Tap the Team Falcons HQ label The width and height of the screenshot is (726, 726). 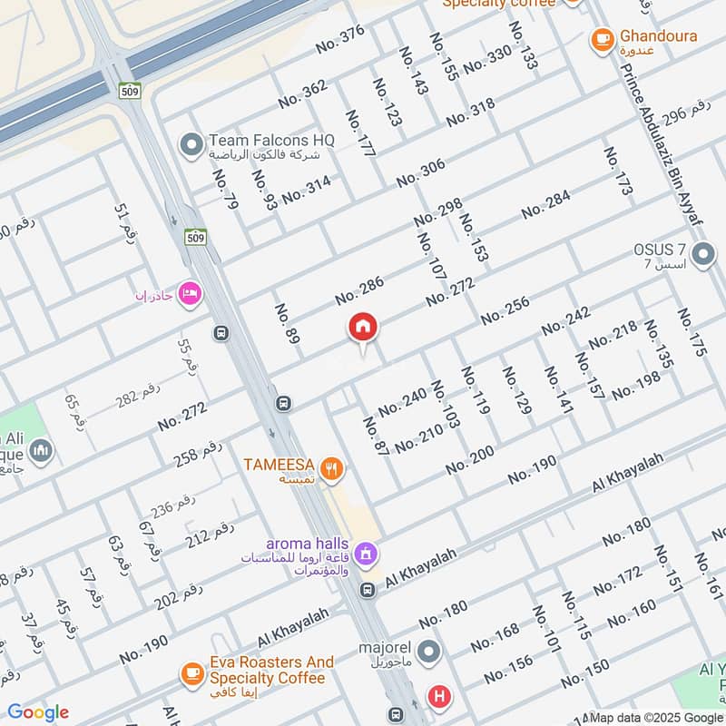tap(271, 141)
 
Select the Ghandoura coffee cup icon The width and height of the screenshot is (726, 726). tap(601, 39)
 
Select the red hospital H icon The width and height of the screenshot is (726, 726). tap(439, 697)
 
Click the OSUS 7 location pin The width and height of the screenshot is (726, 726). tap(702, 255)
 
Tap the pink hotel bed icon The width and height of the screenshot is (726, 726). tap(190, 293)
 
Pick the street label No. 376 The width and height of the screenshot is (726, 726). tap(339, 40)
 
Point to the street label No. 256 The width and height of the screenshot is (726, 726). tap(505, 311)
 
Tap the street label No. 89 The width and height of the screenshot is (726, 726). tap(286, 324)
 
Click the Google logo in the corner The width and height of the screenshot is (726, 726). tap(37, 712)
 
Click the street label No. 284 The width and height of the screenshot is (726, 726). tap(545, 204)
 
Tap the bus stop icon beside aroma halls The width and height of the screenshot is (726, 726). tap(367, 591)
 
